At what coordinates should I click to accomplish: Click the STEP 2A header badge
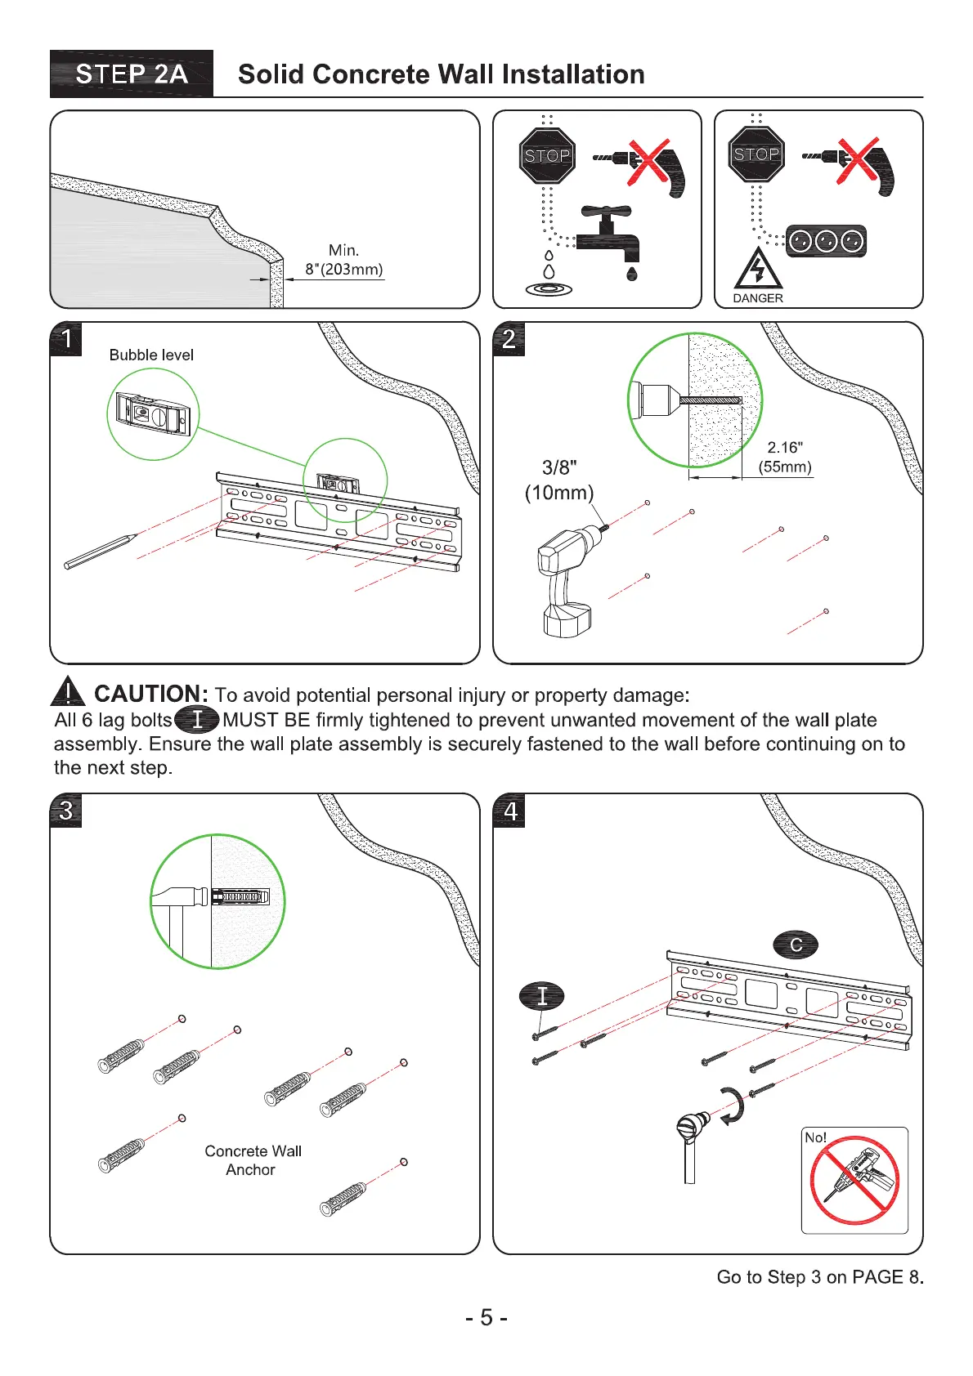(x=132, y=74)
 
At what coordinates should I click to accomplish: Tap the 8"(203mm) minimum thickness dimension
(x=343, y=269)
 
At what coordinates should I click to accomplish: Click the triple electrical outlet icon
(x=826, y=241)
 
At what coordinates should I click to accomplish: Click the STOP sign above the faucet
(x=547, y=155)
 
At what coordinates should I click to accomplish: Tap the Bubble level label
(x=151, y=355)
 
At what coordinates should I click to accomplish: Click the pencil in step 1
(x=100, y=552)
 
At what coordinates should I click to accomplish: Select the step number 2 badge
(x=509, y=338)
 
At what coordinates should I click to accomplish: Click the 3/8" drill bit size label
(x=559, y=467)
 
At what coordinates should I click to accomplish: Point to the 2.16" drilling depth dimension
(x=785, y=448)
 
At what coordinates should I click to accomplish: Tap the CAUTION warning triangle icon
(x=68, y=693)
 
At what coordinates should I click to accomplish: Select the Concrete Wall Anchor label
(x=253, y=1160)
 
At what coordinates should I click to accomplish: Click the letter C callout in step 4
(x=796, y=945)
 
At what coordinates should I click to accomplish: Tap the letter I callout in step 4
(x=541, y=996)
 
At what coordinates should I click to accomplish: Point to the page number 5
(x=486, y=1318)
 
